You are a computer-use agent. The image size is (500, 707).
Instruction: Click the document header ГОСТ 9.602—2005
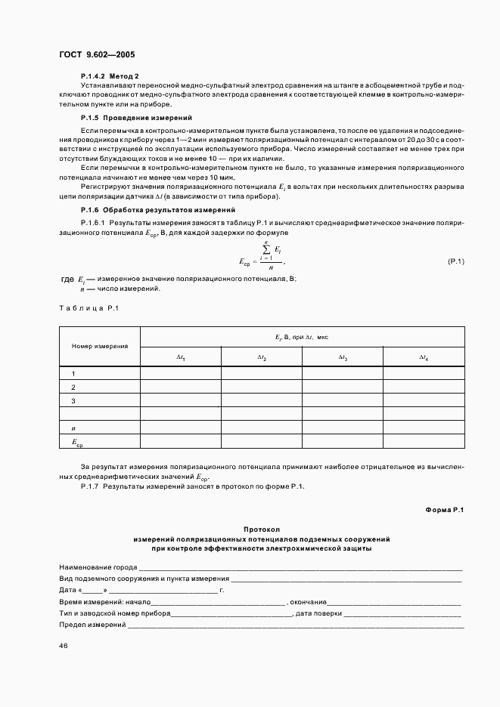coord(96,54)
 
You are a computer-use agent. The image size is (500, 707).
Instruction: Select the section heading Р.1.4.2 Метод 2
coord(110,76)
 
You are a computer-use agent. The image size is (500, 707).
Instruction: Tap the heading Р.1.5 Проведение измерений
coord(136,119)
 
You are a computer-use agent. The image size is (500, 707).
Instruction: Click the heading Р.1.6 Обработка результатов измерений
coord(158,209)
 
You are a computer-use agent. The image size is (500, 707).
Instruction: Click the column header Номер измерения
coord(100,346)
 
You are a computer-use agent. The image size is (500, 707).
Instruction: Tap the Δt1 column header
coord(181,357)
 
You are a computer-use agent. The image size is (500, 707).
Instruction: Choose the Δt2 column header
coord(261,357)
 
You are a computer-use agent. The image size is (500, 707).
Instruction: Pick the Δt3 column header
coord(342,357)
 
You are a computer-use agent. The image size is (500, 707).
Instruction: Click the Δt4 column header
coord(424,357)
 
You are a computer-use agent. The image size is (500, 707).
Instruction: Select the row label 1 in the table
coord(73,373)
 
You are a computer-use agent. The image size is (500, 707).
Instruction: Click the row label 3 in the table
coord(73,400)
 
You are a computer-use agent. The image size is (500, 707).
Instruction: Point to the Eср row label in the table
coord(76,442)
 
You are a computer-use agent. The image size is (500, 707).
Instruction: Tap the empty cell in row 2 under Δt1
coord(181,387)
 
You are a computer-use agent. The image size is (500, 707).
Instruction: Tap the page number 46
coord(64,645)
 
